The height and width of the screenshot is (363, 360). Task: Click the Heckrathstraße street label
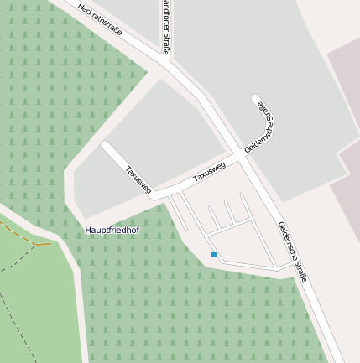99,20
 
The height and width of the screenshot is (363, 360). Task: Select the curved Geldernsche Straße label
263,124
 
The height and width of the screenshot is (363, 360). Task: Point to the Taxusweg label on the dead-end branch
138,179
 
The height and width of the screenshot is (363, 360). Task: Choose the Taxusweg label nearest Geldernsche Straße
210,172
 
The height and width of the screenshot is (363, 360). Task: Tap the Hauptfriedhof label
112,229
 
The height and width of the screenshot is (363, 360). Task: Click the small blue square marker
214,254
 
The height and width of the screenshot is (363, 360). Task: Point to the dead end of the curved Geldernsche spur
256,100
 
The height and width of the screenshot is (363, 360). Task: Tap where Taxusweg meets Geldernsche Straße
241,157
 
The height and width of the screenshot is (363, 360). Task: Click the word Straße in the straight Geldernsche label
302,267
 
